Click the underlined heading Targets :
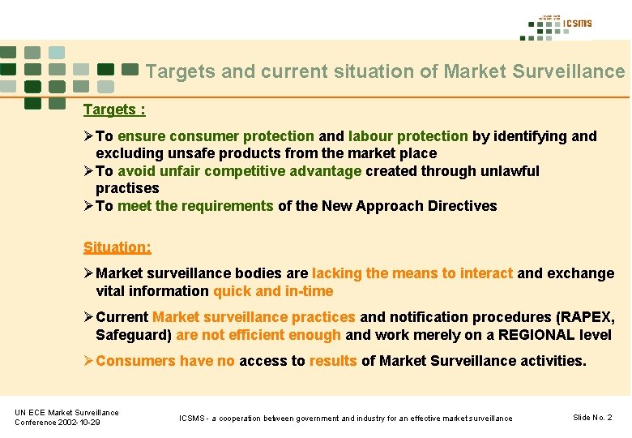coord(113,109)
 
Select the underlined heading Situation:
coord(117,247)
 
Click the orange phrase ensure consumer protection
coord(216,136)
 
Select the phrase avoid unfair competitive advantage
coord(239,171)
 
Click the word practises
coord(127,188)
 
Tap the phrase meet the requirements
coord(195,206)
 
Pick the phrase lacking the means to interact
coord(412,273)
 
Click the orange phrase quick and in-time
coord(273,291)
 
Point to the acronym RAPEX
coord(587,317)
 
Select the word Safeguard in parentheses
coord(132,335)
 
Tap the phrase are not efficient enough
coord(258,335)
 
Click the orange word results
coord(333,361)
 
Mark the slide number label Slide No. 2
coord(592,417)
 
